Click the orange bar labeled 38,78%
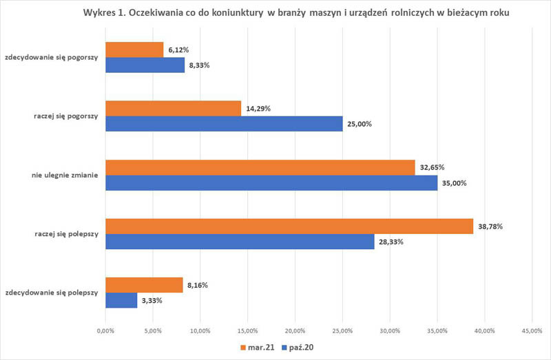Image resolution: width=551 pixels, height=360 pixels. pos(289,226)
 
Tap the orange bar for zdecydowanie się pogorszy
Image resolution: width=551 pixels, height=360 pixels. pos(134,50)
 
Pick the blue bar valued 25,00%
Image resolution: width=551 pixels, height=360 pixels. pos(224,123)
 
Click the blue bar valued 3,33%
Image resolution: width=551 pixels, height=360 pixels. pos(121,300)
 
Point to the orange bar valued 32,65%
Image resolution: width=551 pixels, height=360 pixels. pos(260,167)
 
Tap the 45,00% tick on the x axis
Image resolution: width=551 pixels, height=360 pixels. pos(531,331)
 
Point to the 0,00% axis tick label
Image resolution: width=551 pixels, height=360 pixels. pos(105,331)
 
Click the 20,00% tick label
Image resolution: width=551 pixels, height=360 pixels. pos(295,331)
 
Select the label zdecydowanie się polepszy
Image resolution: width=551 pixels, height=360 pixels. pos(52,293)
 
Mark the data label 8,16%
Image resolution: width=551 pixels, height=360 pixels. pos(197,285)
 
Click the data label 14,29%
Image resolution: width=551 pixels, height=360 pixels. pos(257,109)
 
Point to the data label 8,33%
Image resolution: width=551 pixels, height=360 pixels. pos(198,65)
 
